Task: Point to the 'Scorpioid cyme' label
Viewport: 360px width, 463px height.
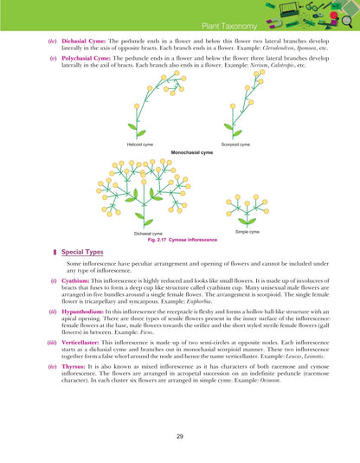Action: [235, 145]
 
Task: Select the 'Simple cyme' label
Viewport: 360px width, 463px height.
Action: [247, 232]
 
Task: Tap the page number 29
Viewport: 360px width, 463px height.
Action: [179, 437]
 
